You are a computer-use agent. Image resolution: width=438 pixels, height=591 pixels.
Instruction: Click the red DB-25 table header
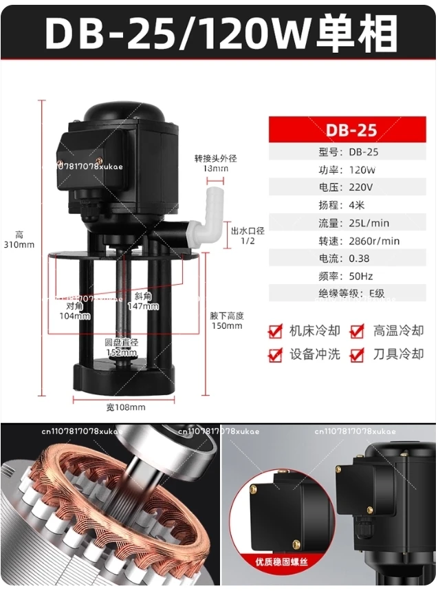[x=351, y=129]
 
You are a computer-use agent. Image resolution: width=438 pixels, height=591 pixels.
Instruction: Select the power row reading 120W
[x=351, y=169]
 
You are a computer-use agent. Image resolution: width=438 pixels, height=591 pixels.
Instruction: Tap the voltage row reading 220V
[x=351, y=187]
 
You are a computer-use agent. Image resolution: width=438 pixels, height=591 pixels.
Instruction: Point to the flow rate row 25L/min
[x=351, y=223]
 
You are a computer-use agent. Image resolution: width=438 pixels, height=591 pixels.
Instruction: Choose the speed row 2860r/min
[x=351, y=241]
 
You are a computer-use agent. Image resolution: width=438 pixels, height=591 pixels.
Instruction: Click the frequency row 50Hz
[x=351, y=276]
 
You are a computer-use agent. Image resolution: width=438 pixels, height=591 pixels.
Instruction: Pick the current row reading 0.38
[x=351, y=259]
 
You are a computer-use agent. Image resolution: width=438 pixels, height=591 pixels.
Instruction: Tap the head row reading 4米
[x=351, y=205]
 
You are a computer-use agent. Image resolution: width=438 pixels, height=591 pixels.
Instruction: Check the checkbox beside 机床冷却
[x=276, y=332]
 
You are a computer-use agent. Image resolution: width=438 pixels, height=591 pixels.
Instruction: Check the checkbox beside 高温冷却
[x=357, y=332]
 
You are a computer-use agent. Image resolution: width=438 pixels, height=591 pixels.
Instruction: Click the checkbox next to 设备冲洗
[x=276, y=355]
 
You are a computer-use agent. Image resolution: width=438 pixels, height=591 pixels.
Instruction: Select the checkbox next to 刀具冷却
[x=357, y=355]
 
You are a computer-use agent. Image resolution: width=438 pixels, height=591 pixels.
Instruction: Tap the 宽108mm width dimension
[x=126, y=407]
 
